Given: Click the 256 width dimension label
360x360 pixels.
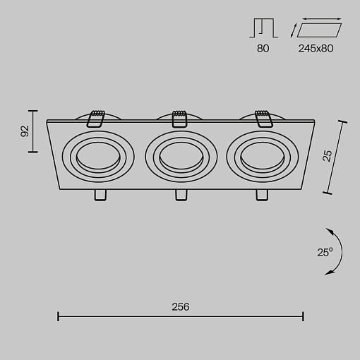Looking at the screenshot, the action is click(181, 307).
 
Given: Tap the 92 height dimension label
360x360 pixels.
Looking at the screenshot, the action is click(25, 131).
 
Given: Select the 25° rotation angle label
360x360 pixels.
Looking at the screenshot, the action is click(325, 252).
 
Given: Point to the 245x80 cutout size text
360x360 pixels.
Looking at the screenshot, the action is click(316, 49).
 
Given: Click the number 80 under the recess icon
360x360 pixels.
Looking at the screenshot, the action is click(263, 49).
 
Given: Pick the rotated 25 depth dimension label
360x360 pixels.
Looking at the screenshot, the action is click(327, 156).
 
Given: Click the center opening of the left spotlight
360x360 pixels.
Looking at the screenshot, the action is click(98, 155).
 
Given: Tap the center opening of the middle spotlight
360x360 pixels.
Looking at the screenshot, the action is click(181, 155).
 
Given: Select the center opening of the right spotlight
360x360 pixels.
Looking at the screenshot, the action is click(263, 155).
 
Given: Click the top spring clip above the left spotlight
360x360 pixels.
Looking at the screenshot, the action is click(96, 119).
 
